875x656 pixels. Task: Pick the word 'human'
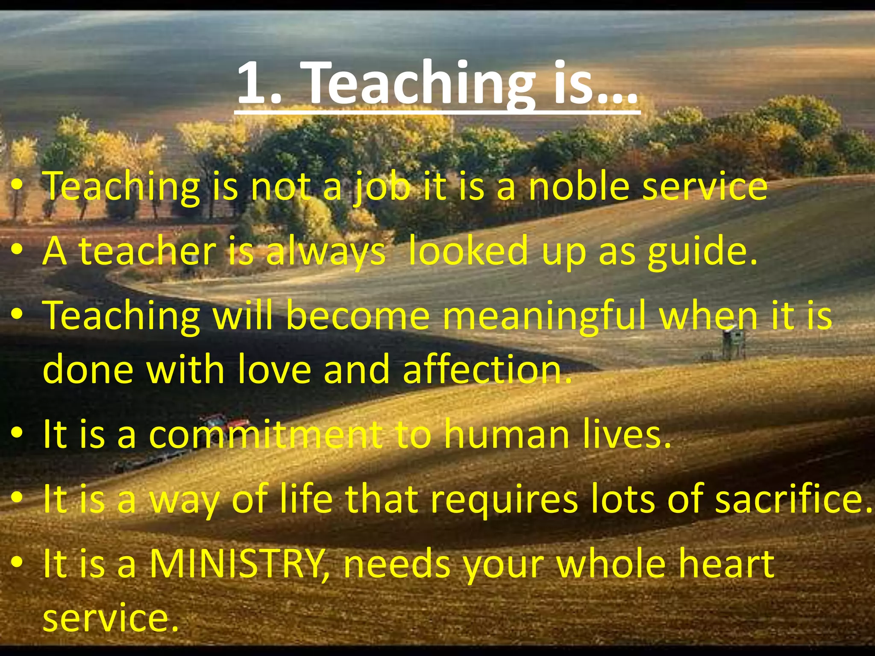click(x=507, y=435)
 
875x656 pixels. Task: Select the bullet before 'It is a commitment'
click(x=17, y=434)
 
